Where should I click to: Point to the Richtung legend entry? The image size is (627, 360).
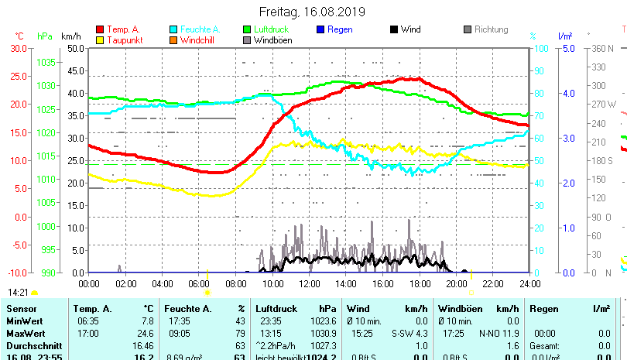coord(491,29)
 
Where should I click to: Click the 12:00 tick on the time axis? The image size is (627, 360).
coord(309,283)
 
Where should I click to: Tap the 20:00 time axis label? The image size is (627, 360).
coord(456,283)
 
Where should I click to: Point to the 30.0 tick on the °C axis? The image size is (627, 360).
coord(19,48)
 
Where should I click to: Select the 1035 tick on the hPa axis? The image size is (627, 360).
coord(46,62)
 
